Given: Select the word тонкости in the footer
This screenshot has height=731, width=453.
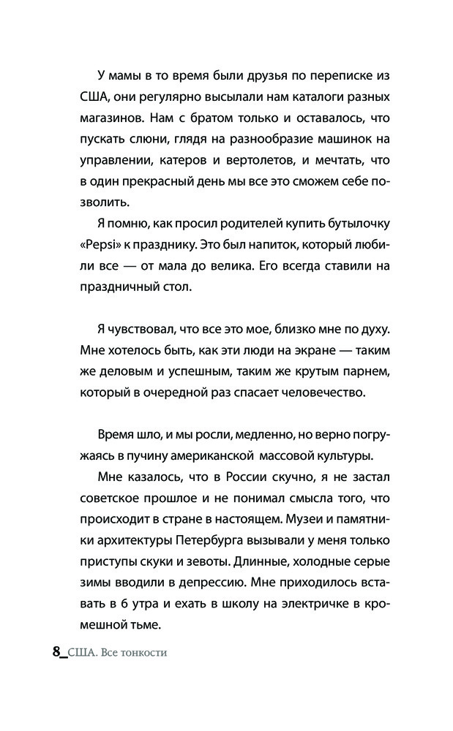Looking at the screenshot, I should pyautogui.click(x=143, y=652).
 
